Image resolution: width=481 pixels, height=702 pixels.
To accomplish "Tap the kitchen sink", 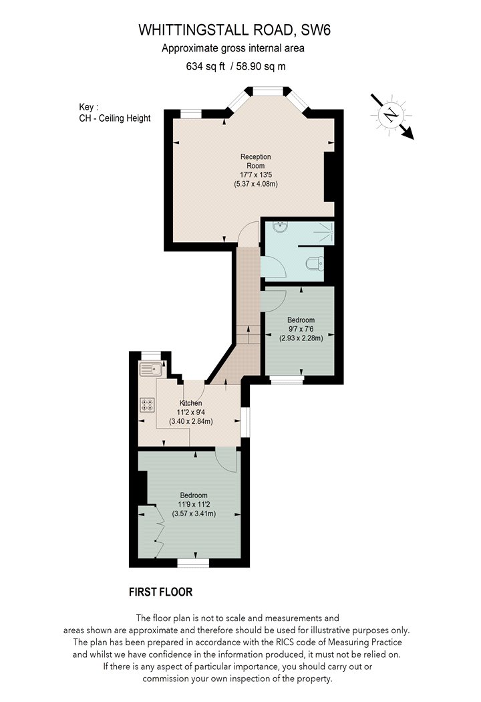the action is click(151, 369).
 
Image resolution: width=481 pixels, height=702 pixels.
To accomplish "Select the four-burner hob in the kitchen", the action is click(147, 405).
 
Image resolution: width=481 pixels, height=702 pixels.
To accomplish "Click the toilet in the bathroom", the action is click(316, 263).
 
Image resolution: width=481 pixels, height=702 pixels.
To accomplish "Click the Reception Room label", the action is click(255, 161).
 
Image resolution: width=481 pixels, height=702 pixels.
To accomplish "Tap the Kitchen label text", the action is click(190, 403).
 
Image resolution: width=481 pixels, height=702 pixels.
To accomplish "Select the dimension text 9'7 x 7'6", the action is click(301, 329).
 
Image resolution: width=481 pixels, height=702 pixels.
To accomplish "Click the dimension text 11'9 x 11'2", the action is click(194, 505).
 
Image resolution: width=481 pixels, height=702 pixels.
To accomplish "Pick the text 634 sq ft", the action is click(205, 67).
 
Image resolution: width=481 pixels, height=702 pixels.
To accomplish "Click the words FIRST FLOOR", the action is click(160, 592).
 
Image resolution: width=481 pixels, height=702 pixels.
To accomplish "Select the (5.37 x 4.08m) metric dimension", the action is click(255, 184).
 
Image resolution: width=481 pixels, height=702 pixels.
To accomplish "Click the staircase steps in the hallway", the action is click(249, 334).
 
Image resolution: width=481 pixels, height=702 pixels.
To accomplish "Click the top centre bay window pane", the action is click(267, 92).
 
